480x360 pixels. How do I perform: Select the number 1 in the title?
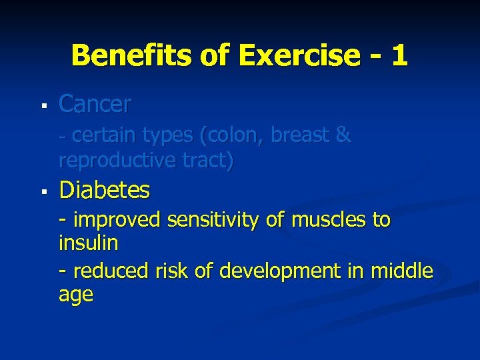coord(399,55)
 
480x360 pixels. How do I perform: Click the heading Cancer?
coord(95,104)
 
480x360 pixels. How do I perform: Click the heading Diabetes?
coord(105,191)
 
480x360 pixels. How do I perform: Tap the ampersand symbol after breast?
coord(343,135)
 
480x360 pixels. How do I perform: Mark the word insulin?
coord(88,243)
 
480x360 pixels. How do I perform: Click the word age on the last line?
coord(76,295)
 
